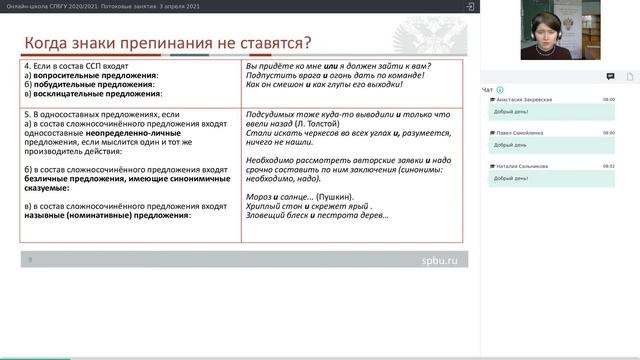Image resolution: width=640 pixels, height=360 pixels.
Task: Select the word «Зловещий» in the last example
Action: click(x=264, y=216)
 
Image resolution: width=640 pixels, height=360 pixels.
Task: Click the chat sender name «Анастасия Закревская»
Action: click(x=524, y=100)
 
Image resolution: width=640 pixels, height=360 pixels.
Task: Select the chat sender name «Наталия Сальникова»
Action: click(x=522, y=166)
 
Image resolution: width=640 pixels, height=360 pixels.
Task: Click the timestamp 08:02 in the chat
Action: click(x=609, y=166)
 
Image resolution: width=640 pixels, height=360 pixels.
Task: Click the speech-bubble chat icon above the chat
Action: click(x=610, y=76)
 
